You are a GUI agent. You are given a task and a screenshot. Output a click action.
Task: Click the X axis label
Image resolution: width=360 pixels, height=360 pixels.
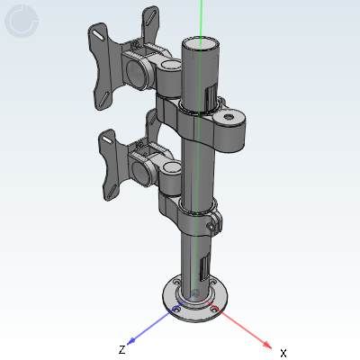tap(283, 353)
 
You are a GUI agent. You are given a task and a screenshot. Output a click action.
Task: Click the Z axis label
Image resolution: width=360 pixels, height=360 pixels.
tap(121, 349)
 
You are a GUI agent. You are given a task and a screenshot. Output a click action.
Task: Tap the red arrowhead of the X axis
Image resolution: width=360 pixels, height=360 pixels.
tap(267, 345)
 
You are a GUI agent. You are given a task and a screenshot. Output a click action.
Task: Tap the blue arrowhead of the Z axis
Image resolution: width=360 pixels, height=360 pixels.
tap(131, 341)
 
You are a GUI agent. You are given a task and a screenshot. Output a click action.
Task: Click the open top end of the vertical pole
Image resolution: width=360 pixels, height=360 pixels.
tap(200, 44)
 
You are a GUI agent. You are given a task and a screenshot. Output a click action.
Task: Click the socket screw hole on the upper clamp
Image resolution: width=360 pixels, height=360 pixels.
tap(229, 117)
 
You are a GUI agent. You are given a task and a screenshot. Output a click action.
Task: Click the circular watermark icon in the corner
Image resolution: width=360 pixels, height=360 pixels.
tap(22, 22)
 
